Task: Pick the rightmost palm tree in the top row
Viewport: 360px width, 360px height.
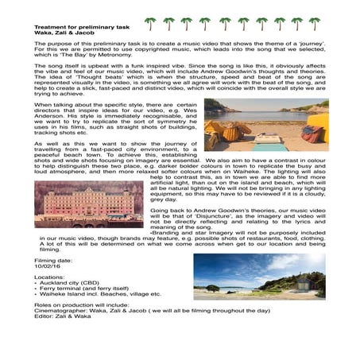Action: click(314, 24)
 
